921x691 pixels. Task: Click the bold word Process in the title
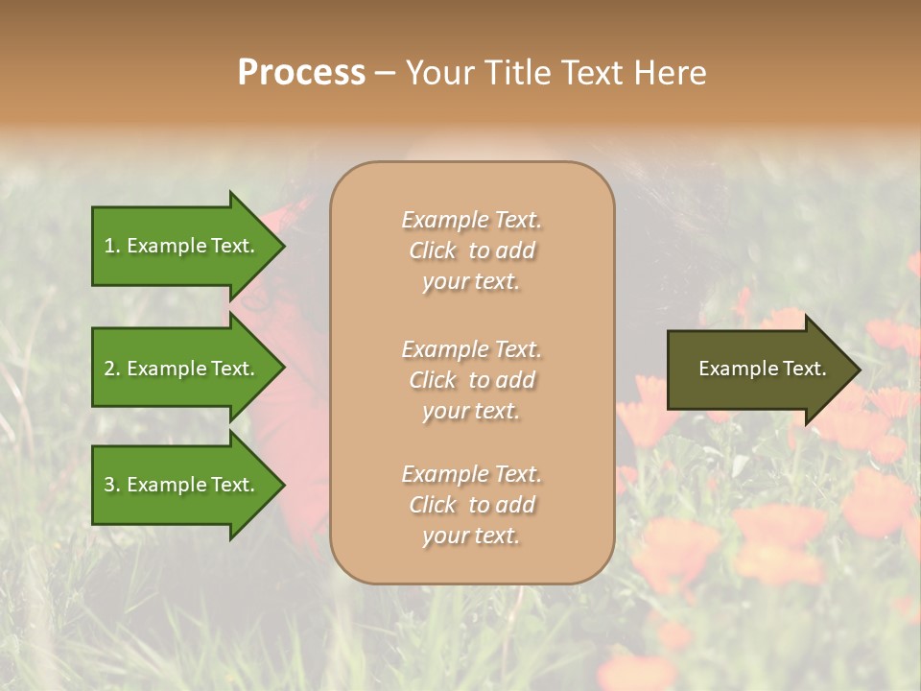pyautogui.click(x=301, y=72)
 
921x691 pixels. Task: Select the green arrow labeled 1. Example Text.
pyautogui.click(x=182, y=246)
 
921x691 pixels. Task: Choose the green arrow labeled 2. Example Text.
pyautogui.click(x=182, y=369)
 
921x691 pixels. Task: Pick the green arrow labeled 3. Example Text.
pyautogui.click(x=182, y=485)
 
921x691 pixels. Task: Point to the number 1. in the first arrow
pyautogui.click(x=111, y=246)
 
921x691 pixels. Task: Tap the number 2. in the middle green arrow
pyautogui.click(x=111, y=369)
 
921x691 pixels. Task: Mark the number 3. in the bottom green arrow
pyautogui.click(x=111, y=485)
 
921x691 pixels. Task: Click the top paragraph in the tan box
pyautogui.click(x=471, y=250)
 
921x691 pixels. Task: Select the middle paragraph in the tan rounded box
pyautogui.click(x=471, y=380)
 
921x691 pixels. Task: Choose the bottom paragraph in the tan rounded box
pyautogui.click(x=471, y=505)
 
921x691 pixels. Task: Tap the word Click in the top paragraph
pyautogui.click(x=433, y=250)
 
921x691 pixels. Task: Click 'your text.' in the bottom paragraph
pyautogui.click(x=471, y=536)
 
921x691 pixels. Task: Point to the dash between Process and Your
pyautogui.click(x=384, y=73)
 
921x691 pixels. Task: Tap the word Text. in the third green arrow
pyautogui.click(x=232, y=485)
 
